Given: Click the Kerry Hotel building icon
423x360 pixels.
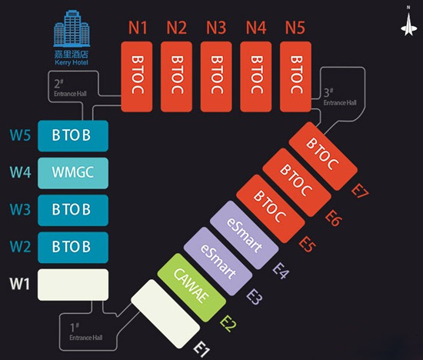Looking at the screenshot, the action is point(72,28).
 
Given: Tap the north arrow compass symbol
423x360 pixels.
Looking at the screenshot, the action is point(408,22).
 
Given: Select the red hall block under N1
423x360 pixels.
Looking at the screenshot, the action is point(137,77).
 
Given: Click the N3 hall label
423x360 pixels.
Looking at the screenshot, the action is point(216,28).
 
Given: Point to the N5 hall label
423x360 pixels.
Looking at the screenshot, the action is point(295,28).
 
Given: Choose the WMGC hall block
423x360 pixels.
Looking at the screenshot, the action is point(73,173).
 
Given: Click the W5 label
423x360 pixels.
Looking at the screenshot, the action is point(20,135).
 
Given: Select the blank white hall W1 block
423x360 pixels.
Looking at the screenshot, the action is point(73,285).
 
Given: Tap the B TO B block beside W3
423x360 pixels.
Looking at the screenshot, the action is point(73,210).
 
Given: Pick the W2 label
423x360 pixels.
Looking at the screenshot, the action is point(20,246).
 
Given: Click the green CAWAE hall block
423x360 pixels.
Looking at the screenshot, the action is point(192,288).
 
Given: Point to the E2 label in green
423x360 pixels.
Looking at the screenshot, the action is point(228,324).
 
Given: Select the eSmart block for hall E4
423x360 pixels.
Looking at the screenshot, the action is point(244,235).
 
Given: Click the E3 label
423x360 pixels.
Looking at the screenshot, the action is point(255,297).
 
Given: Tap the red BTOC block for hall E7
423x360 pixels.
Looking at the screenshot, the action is point(323,156).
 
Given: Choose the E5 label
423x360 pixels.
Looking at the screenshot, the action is point(307,244).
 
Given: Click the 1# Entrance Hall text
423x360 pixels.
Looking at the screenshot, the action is point(86,332).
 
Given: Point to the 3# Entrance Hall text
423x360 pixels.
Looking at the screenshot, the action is point(340,97).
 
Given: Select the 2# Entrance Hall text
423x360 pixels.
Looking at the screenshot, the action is point(70,88).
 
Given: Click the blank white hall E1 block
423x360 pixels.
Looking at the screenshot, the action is point(165,314).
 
